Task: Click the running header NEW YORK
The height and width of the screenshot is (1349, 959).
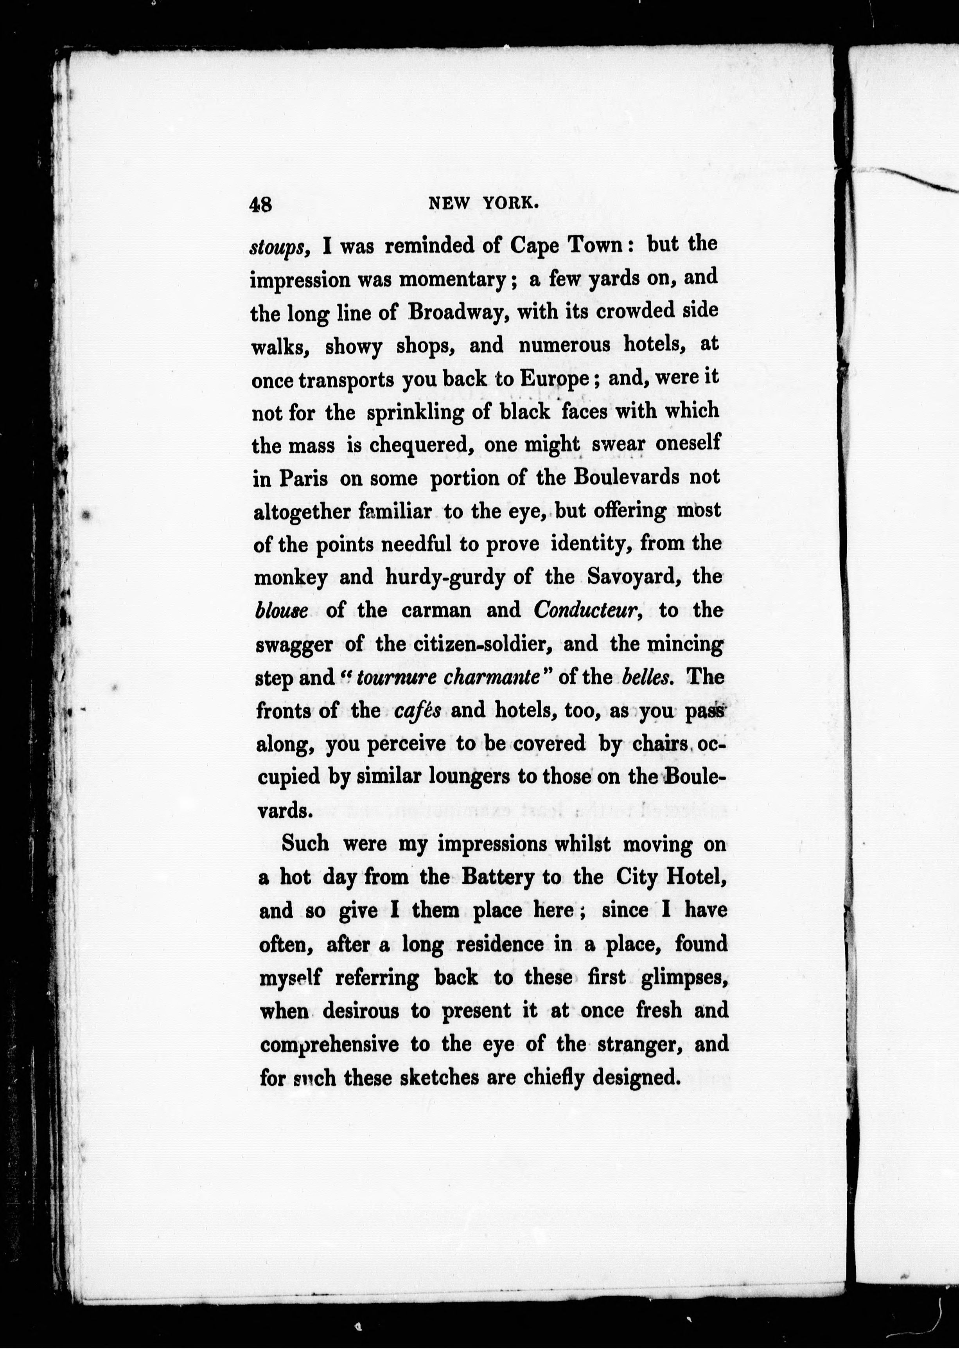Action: pyautogui.click(x=483, y=203)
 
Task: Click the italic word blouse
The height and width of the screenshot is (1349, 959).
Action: pyautogui.click(x=281, y=610)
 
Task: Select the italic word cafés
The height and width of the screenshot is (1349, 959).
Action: pyautogui.click(x=417, y=710)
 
